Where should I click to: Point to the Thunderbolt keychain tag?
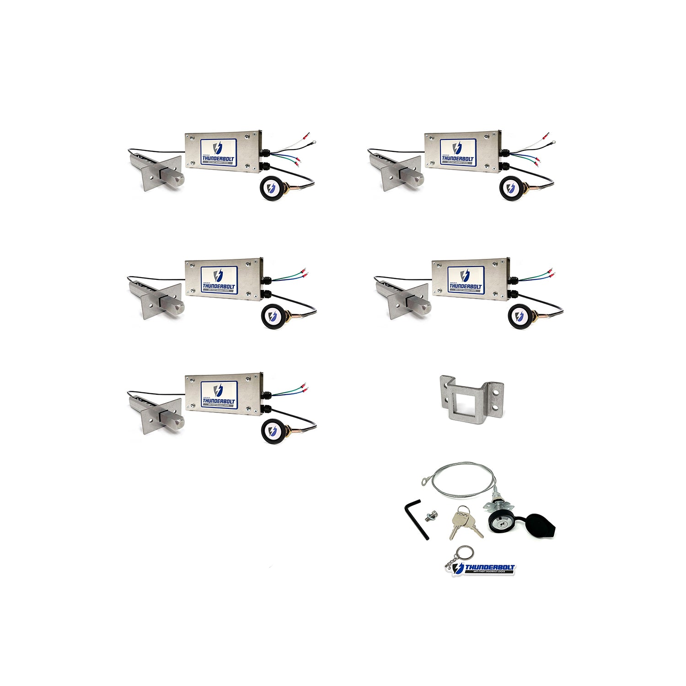pyautogui.click(x=485, y=568)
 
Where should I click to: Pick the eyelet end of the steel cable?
pyautogui.click(x=426, y=481)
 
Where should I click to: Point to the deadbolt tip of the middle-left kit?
pyautogui.click(x=177, y=305)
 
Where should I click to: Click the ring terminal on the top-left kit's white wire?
pyautogui.click(x=313, y=143)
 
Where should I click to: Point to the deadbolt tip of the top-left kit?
pyautogui.click(x=177, y=178)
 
